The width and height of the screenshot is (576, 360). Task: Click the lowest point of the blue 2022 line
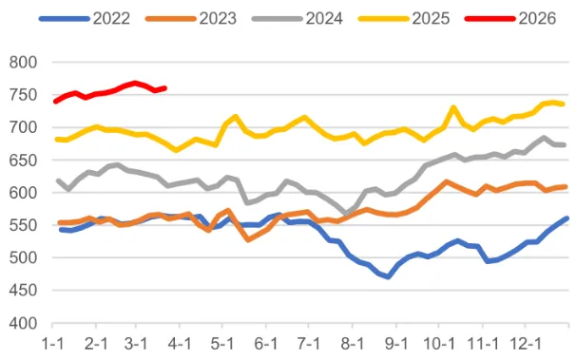388,277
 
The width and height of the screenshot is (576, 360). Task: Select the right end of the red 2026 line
165,88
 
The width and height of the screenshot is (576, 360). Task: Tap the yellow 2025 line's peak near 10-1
453,107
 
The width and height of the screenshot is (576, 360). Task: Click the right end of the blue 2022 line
567,218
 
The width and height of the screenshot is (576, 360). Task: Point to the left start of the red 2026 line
55,102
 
